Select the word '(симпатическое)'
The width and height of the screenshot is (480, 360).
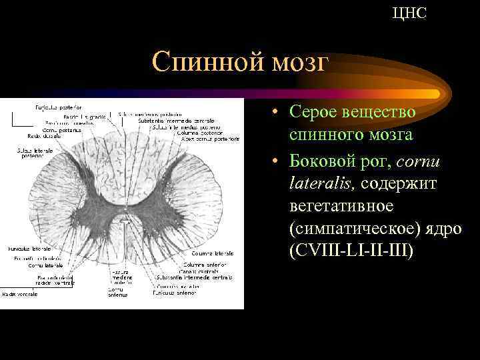(x=353, y=229)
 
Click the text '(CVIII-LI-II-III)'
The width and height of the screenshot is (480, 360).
(x=352, y=252)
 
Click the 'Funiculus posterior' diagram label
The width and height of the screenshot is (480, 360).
(x=59, y=107)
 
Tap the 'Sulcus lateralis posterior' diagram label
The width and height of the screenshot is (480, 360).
(x=31, y=153)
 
